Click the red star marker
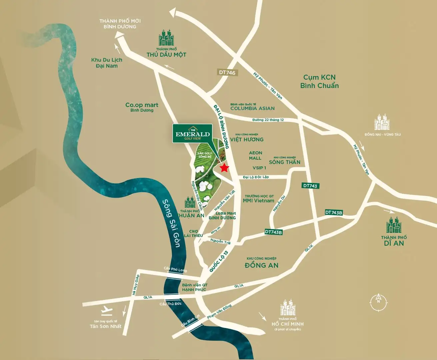coord(225,168)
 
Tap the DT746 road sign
coord(227,72)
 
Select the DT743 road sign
coord(310,186)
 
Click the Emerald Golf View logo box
coord(192,133)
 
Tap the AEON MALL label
coord(255,155)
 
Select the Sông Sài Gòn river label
coord(171,223)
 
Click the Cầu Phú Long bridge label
coord(175,269)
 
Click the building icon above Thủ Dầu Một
coord(166,38)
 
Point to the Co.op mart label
coord(142,107)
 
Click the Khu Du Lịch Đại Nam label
coord(107,63)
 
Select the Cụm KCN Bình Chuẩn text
coord(319,81)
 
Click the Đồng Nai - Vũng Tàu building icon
coord(382,122)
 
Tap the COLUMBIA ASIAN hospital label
coord(252,108)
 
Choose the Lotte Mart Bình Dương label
coord(222,215)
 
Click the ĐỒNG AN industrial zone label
coord(261,265)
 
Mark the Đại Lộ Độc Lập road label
coord(256,177)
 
